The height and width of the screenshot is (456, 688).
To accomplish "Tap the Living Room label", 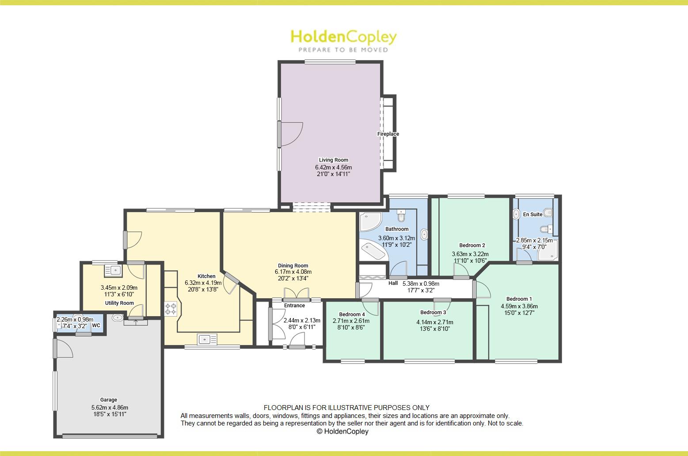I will coord(334,160).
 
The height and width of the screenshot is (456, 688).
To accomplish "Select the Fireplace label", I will coord(388,134).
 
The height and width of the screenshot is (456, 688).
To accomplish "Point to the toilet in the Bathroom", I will coord(401,216).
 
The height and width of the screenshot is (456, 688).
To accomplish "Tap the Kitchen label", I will coord(206,276).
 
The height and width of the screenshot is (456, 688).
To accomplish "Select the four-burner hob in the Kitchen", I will coord(171,308).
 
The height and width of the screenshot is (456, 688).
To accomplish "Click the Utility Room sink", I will coord(113,270).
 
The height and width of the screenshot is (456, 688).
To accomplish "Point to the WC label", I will coord(96,326).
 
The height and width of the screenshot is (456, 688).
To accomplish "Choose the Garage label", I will coord(109,400).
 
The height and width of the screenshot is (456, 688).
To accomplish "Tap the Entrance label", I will coord(294,306).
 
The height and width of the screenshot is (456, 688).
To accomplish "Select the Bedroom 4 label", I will coord(352,314).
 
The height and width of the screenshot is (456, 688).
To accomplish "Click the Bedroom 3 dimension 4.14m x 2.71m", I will coord(434,322).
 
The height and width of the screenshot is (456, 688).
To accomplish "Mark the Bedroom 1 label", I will coord(519,299).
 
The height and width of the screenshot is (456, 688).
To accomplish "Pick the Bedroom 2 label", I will coord(472,245).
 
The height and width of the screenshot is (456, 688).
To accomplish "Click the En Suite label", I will coord(532,215).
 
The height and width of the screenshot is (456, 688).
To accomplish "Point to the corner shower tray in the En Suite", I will coord(547,251).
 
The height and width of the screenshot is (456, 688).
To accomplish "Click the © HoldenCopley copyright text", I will coord(342,432).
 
